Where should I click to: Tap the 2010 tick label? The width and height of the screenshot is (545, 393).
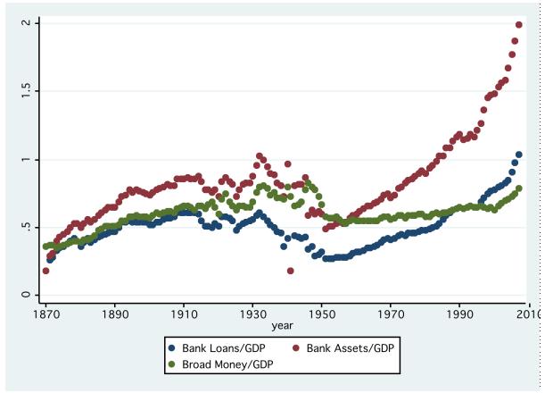pyautogui.click(x=528, y=316)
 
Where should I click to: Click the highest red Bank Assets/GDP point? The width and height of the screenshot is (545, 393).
pyautogui.click(x=518, y=25)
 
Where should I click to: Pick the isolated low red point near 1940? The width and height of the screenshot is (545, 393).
pyautogui.click(x=291, y=271)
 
